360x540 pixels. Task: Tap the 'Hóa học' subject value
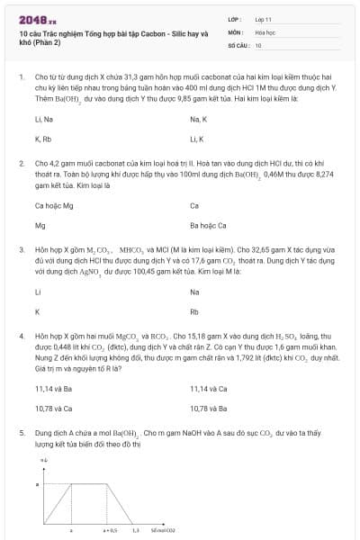265,31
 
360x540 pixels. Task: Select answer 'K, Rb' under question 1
43,139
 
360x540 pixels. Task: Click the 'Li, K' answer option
197,139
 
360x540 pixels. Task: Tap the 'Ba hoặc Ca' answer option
208,226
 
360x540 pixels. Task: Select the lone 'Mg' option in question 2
40,226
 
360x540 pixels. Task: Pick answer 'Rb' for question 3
194,312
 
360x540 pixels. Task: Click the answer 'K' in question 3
37,312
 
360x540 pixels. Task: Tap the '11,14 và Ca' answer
208,389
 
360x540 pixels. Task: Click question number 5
21,433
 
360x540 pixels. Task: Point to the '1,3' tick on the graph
135,531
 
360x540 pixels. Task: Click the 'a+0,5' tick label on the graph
110,531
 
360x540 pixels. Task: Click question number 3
21,247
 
